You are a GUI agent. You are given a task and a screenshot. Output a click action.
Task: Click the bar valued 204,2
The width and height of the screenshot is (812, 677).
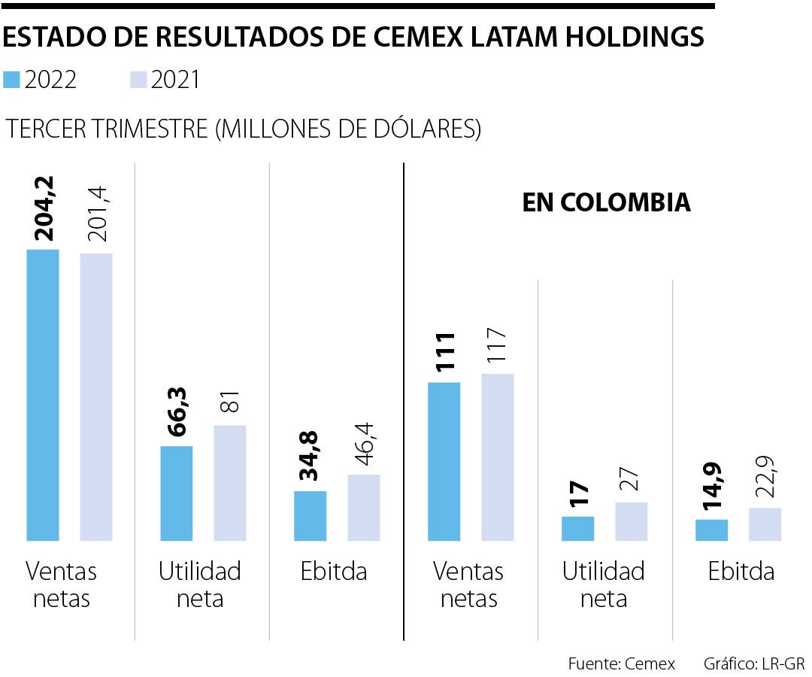(x=42, y=395)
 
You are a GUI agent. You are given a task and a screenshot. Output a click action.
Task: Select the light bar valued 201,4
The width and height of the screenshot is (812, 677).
(x=96, y=397)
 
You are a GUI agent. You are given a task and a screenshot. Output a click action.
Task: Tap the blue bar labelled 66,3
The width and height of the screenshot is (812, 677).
(x=177, y=493)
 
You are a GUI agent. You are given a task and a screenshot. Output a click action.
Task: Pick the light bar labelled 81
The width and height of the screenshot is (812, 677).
(x=230, y=483)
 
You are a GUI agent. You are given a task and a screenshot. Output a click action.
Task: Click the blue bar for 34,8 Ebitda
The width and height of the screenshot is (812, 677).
(x=310, y=516)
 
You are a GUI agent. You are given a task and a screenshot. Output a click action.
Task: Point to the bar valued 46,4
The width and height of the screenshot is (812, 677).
(x=364, y=508)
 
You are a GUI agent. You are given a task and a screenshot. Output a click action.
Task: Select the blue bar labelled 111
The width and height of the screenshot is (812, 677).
(x=444, y=462)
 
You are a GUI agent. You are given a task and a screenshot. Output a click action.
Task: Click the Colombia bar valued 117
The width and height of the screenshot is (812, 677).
(x=498, y=457)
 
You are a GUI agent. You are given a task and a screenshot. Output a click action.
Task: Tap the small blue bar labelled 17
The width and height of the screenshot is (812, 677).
(x=577, y=529)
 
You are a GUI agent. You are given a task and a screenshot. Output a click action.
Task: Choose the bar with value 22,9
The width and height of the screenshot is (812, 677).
(x=765, y=524)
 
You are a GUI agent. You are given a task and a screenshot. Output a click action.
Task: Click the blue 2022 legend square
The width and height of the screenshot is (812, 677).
(x=11, y=80)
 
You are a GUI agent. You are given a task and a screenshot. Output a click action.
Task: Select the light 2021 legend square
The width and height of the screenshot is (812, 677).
(x=138, y=80)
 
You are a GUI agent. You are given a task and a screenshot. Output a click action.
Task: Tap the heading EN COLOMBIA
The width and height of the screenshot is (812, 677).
(x=606, y=202)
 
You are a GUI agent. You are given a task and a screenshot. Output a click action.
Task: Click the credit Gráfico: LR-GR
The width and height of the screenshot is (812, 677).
(x=754, y=663)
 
